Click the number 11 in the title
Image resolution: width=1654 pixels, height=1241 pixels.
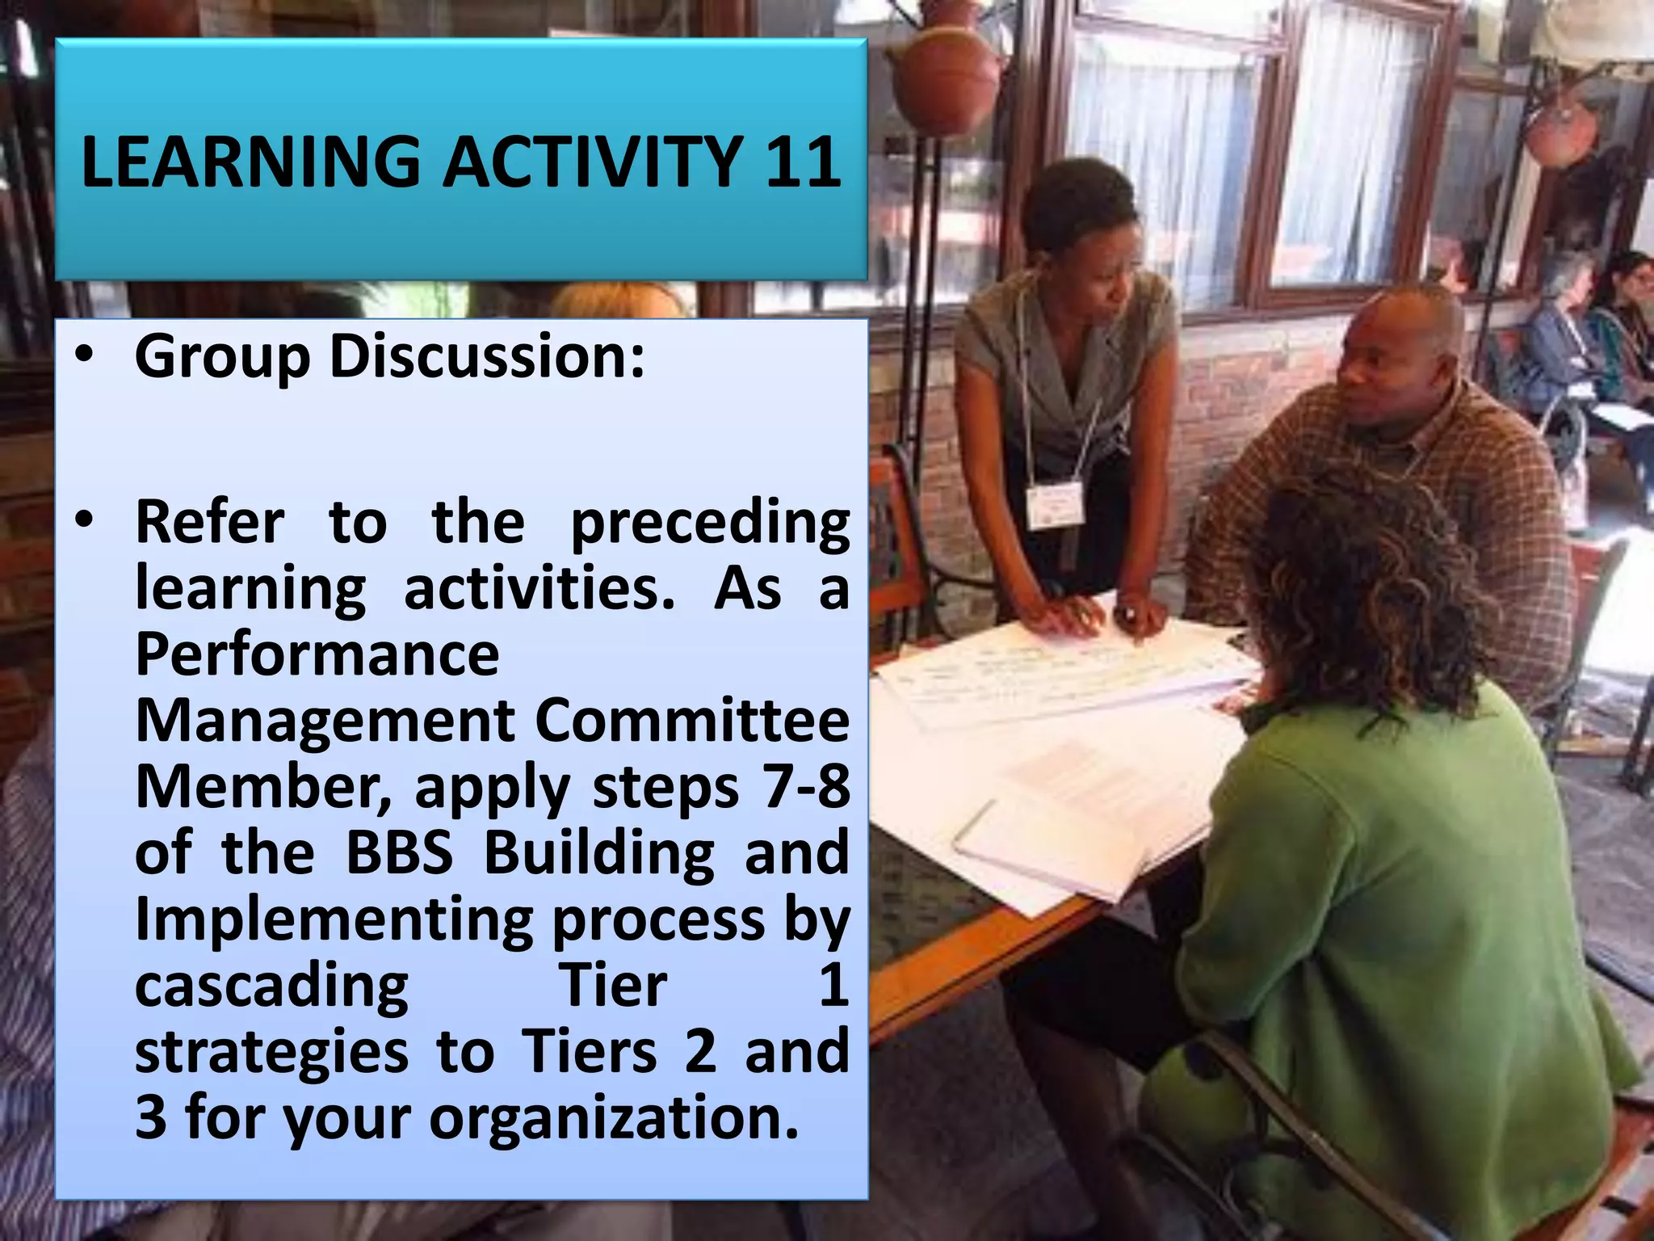tap(803, 162)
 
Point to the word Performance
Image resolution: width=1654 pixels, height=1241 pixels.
tap(317, 654)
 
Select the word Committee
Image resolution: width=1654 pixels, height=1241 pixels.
tap(692, 720)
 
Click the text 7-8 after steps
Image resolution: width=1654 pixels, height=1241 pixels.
tap(807, 786)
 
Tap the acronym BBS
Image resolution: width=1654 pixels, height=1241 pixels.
tap(400, 852)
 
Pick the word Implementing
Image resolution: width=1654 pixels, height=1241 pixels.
tap(333, 919)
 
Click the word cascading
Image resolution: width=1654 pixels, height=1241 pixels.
tap(271, 986)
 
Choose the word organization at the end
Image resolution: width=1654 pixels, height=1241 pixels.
tap(614, 1118)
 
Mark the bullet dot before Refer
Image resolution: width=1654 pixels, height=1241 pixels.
tap(83, 522)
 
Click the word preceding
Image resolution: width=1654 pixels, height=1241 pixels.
tap(710, 522)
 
